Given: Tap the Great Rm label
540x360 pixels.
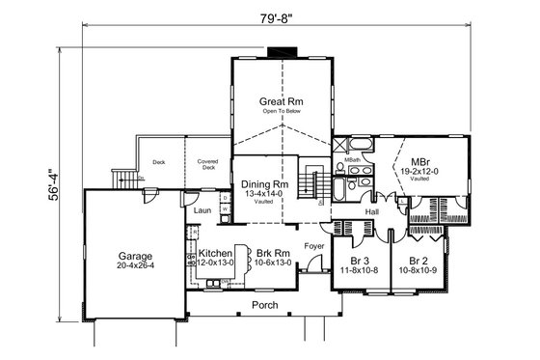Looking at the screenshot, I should click(x=281, y=100).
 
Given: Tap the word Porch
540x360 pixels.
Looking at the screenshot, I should click(x=264, y=305).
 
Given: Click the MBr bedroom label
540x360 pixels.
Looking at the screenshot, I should click(x=420, y=161).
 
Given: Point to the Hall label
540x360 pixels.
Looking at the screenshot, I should click(x=371, y=210).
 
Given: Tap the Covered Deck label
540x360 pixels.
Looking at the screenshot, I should click(x=207, y=163).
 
